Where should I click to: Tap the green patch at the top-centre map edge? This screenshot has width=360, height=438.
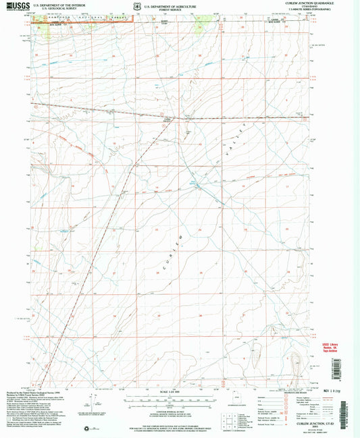200,25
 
